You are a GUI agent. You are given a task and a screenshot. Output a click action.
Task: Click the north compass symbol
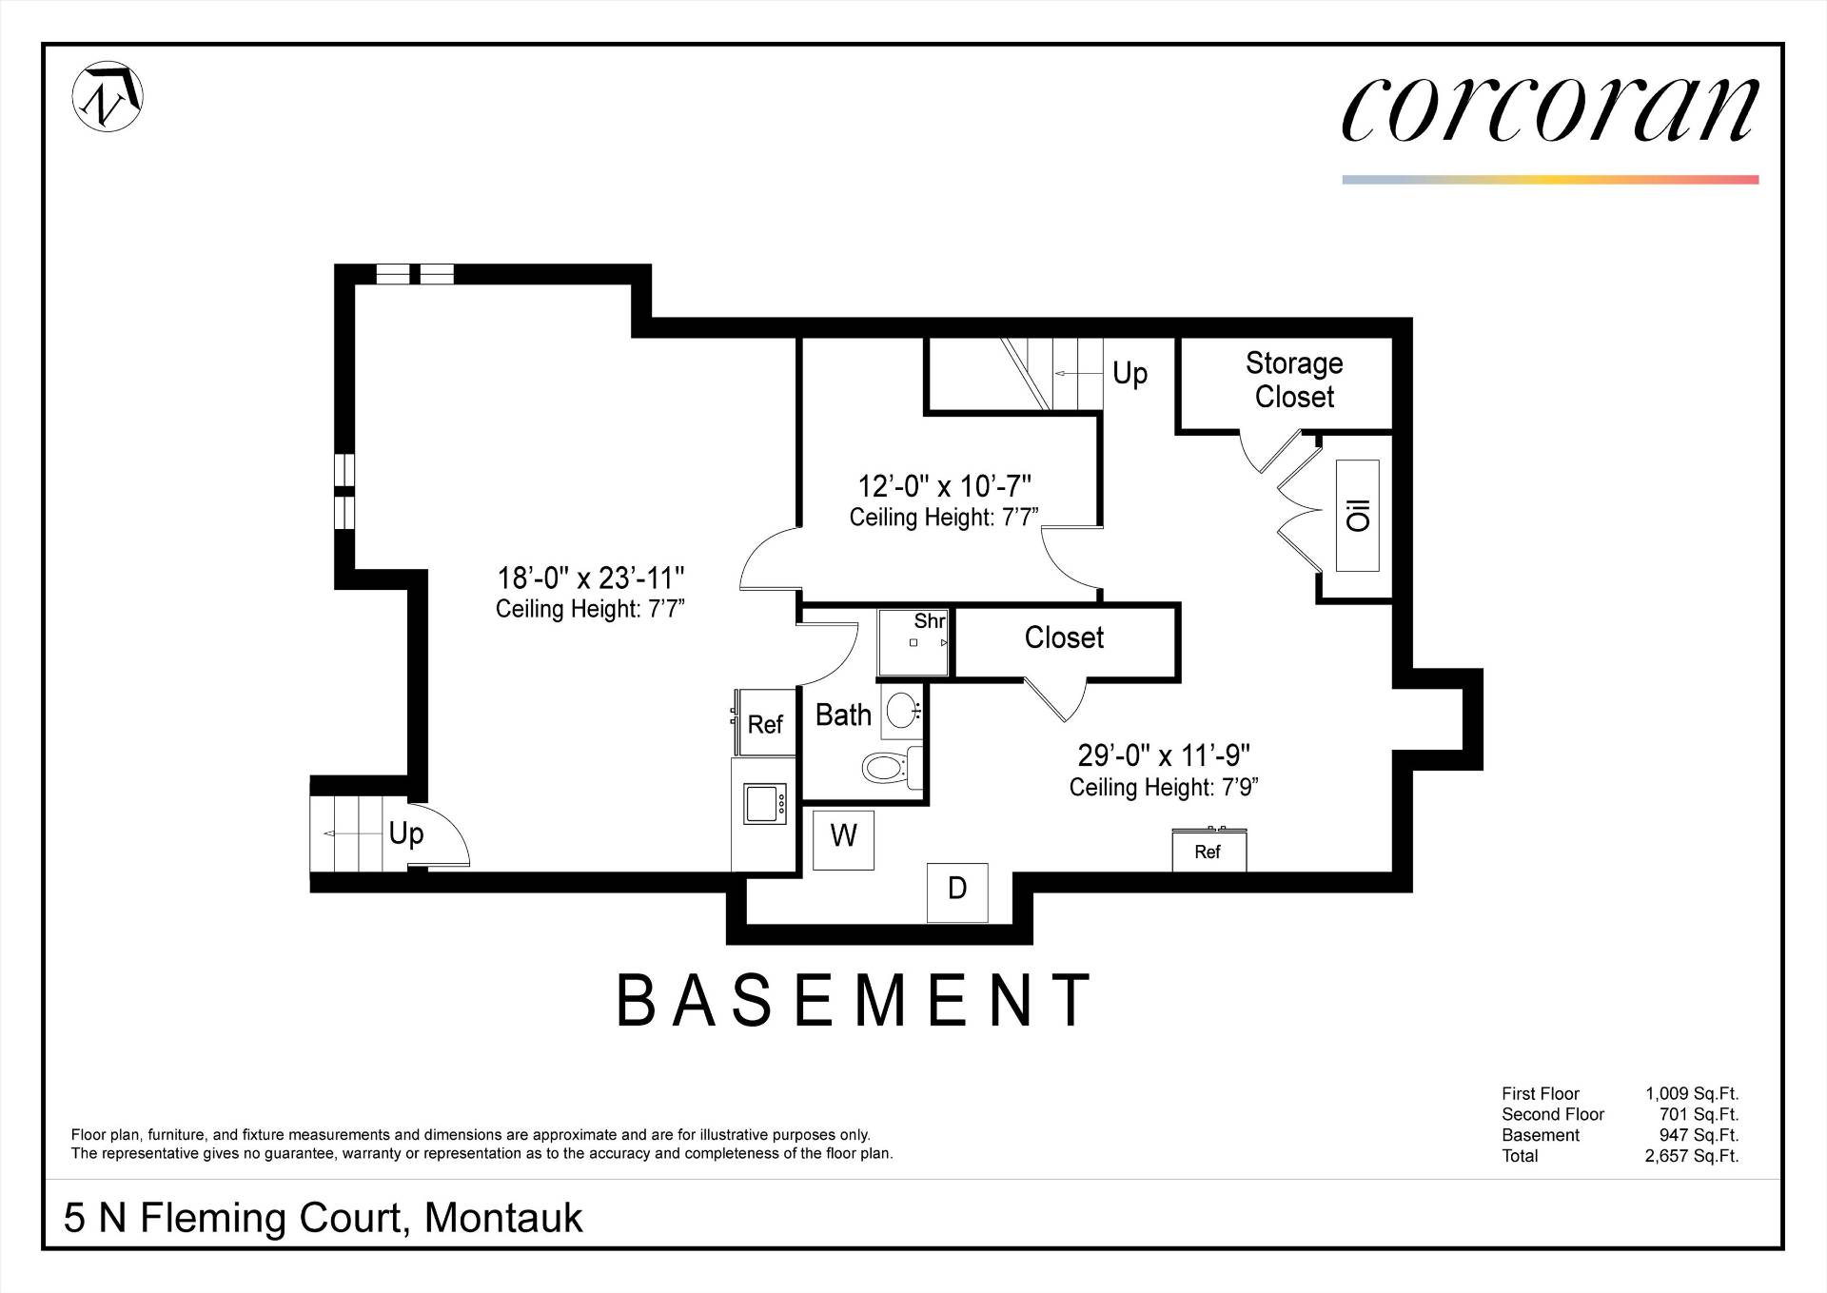pos(108,97)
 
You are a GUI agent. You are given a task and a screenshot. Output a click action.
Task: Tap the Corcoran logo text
pos(1550,109)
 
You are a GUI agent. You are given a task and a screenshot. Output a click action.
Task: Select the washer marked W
pos(843,839)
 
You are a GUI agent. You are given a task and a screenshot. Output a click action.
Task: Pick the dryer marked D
pos(957,892)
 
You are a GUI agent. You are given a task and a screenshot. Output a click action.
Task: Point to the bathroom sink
pos(901,710)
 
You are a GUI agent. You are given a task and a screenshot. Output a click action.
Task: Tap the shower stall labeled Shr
pos(913,643)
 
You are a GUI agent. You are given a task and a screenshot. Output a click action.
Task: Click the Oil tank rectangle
pos(1358,516)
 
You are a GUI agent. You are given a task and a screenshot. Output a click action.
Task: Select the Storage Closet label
pos(1294,380)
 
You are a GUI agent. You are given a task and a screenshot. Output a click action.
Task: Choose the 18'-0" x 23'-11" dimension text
pos(591,578)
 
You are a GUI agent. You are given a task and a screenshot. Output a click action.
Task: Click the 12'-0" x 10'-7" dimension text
pos(944,486)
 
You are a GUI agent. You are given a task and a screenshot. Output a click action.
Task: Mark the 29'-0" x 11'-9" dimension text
pos(1164,755)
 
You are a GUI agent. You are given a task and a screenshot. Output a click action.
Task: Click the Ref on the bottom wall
pos(1208,851)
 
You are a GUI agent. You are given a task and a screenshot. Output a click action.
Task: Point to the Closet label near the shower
pos(1064,637)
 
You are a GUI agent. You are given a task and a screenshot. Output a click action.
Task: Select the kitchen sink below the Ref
pos(765,803)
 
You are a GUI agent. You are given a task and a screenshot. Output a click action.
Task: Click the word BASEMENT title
pos(855,1000)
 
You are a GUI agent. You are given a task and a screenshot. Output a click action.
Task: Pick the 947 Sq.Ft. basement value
pos(1699,1135)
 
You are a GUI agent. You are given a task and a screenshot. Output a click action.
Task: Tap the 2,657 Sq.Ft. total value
pos(1692,1156)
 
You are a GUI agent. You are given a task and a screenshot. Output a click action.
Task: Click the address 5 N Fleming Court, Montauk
pos(323,1219)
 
